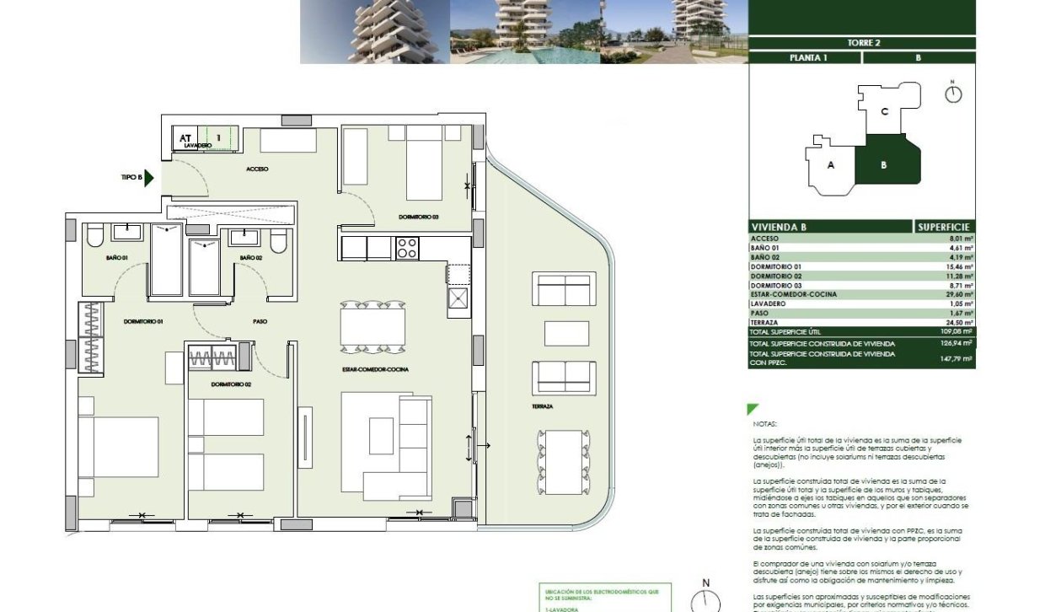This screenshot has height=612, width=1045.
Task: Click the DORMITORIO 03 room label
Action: pyautogui.click(x=419, y=217)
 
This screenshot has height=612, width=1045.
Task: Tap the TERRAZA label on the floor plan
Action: pyautogui.click(x=542, y=406)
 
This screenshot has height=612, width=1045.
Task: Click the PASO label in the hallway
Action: pyautogui.click(x=260, y=321)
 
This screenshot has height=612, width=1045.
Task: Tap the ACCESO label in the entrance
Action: pyautogui.click(x=257, y=169)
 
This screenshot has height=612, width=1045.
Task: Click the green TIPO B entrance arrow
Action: pyautogui.click(x=149, y=178)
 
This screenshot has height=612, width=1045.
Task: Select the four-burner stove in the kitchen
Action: pyautogui.click(x=407, y=248)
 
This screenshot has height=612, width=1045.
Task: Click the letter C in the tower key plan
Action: pyautogui.click(x=884, y=111)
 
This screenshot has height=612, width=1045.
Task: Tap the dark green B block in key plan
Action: pyautogui.click(x=883, y=164)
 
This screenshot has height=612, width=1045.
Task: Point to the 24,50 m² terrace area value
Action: pyautogui.click(x=959, y=322)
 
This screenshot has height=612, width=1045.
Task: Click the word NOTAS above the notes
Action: pyautogui.click(x=765, y=424)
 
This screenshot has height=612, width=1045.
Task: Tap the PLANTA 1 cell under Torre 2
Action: pyautogui.click(x=805, y=58)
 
